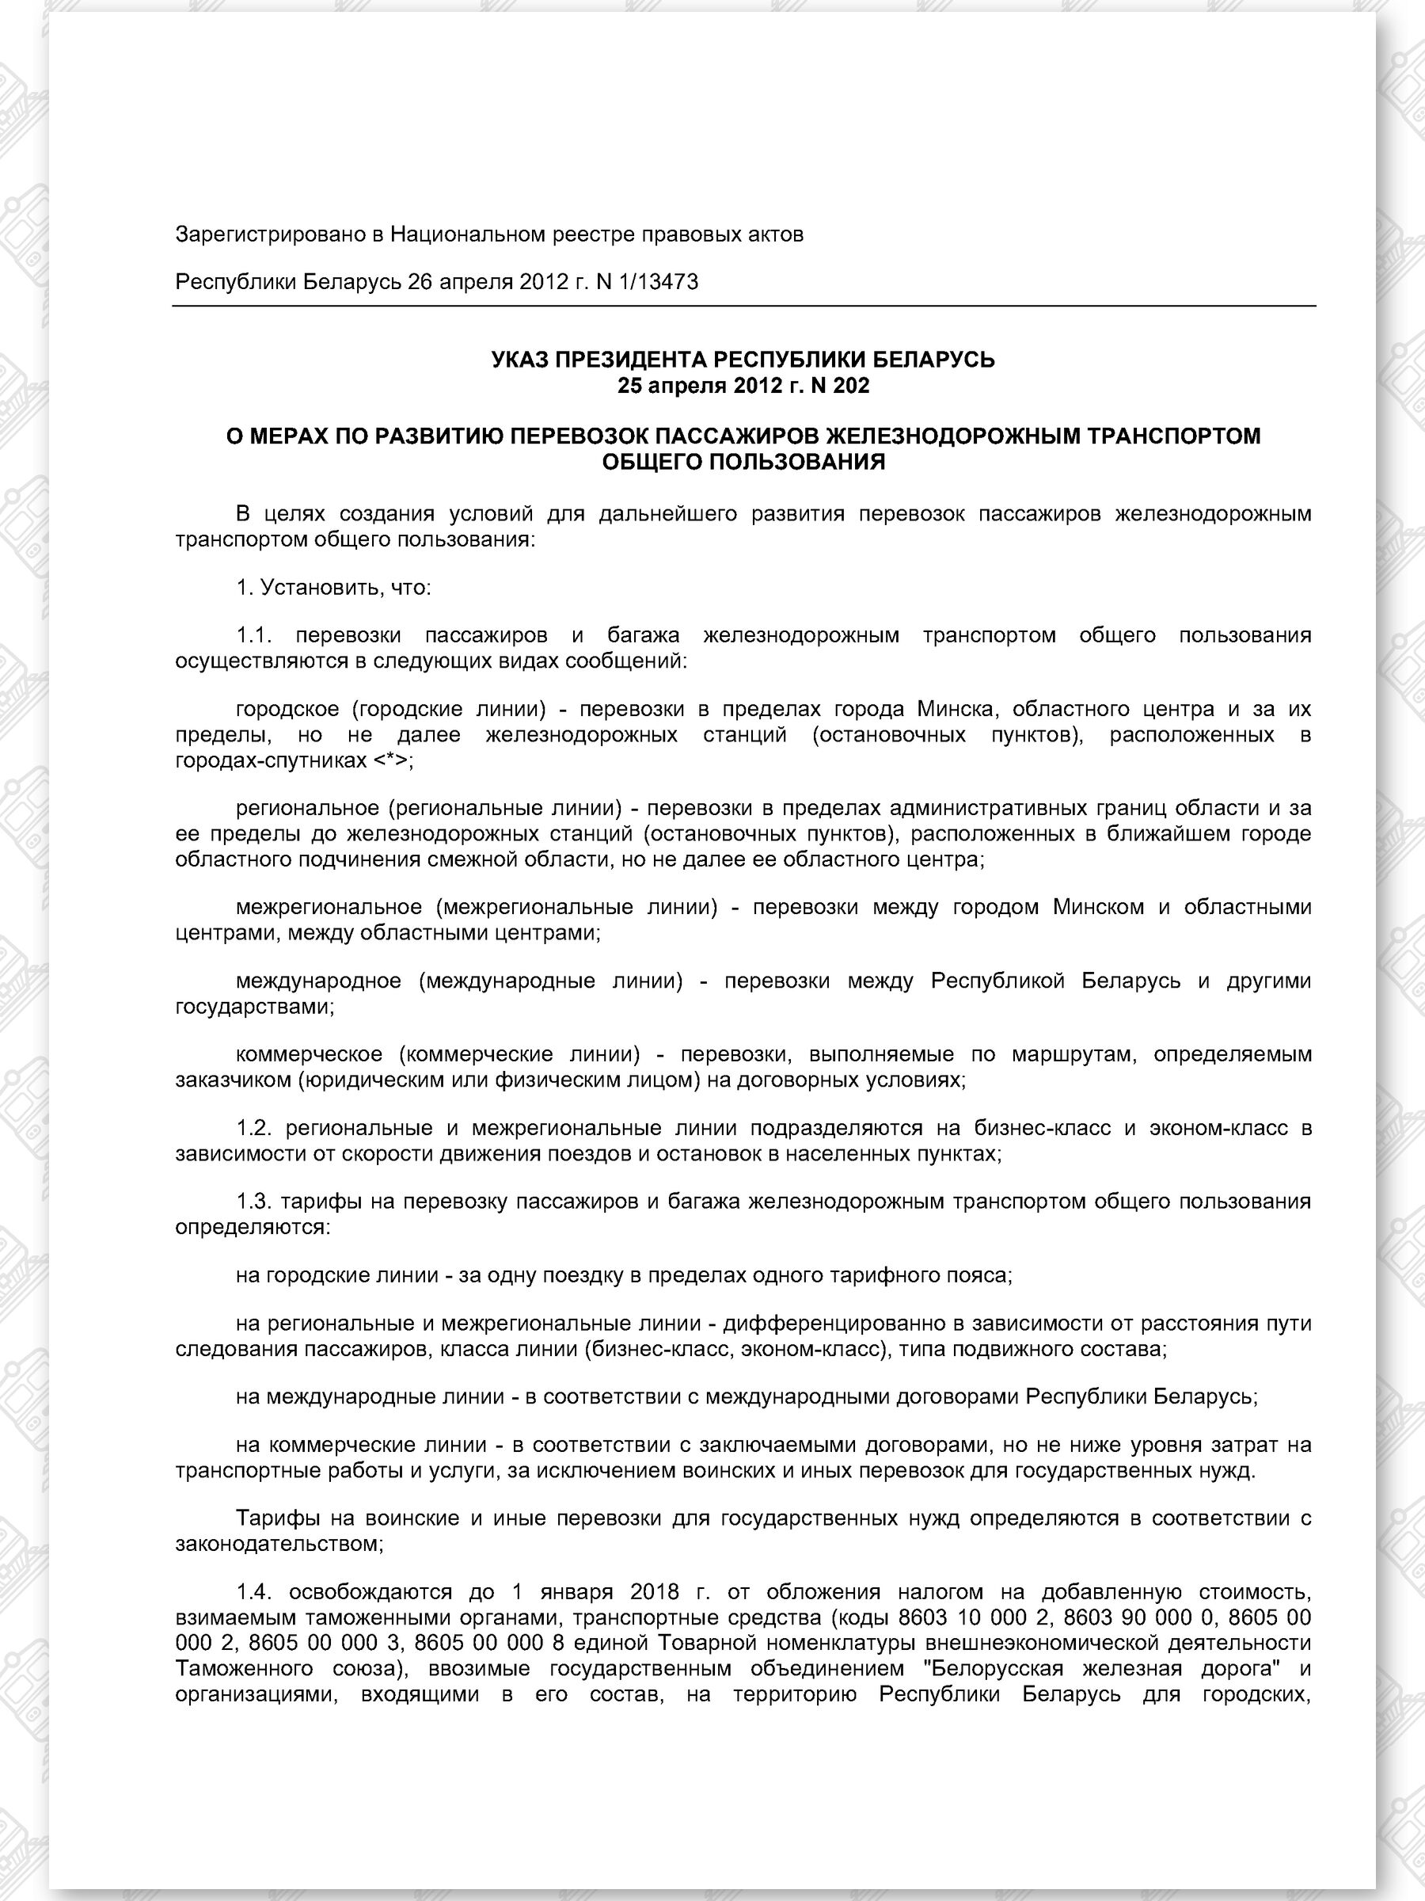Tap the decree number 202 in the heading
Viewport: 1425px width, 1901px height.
(851, 386)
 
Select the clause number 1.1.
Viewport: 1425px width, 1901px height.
(254, 636)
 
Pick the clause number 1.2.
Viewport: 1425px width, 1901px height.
(254, 1128)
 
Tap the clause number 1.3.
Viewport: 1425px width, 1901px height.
(254, 1202)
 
